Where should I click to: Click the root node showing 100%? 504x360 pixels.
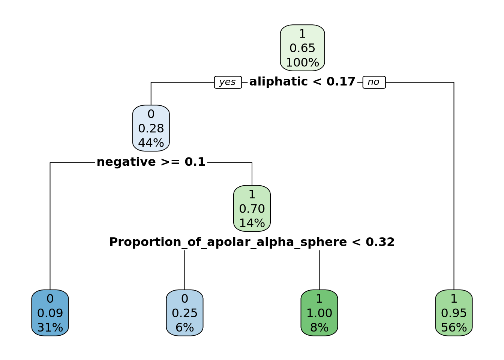pyautogui.click(x=302, y=48)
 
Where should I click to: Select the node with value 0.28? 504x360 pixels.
pyautogui.click(x=151, y=128)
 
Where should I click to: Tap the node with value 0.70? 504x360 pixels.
pyautogui.click(x=252, y=208)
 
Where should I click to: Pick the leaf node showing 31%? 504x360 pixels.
pyautogui.click(x=50, y=313)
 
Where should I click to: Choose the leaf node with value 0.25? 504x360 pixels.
pyautogui.click(x=184, y=313)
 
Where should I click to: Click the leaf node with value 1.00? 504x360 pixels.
pyautogui.click(x=319, y=313)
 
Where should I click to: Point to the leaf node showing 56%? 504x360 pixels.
pyautogui.click(x=454, y=313)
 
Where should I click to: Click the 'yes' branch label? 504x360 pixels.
pyautogui.click(x=228, y=82)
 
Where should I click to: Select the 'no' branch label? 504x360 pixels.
pyautogui.click(x=373, y=82)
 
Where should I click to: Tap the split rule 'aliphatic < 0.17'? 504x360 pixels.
pyautogui.click(x=302, y=82)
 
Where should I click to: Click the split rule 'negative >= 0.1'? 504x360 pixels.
pyautogui.click(x=151, y=162)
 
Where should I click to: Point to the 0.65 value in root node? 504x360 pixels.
pyautogui.click(x=302, y=48)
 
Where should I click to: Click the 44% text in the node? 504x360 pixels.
pyautogui.click(x=151, y=143)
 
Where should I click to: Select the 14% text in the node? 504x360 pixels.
pyautogui.click(x=252, y=223)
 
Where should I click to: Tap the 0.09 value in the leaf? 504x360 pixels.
pyautogui.click(x=50, y=313)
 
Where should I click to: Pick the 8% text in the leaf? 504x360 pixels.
pyautogui.click(x=319, y=328)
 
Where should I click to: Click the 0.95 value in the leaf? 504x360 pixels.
pyautogui.click(x=454, y=313)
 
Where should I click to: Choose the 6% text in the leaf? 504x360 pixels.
pyautogui.click(x=184, y=328)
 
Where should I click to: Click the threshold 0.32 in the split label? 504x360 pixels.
pyautogui.click(x=380, y=242)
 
